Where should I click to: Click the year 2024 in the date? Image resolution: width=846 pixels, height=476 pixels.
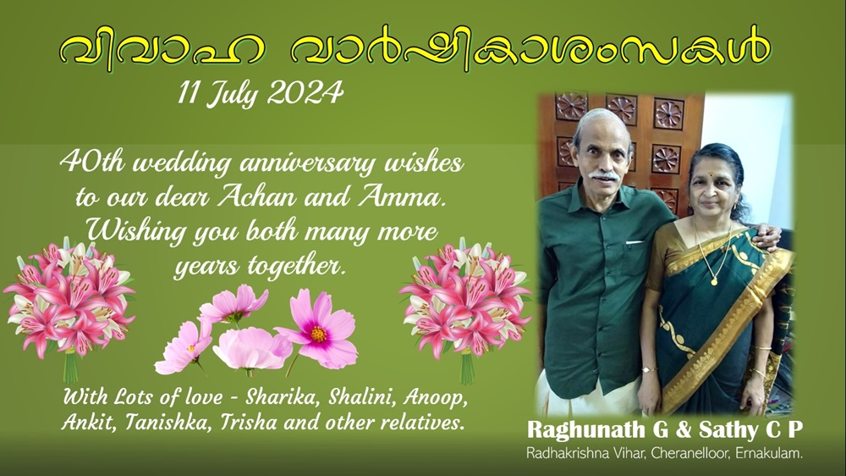pyautogui.click(x=305, y=93)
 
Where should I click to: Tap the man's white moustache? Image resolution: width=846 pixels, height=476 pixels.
pyautogui.click(x=604, y=175)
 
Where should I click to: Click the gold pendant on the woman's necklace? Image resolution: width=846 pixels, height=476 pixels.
pyautogui.click(x=714, y=281)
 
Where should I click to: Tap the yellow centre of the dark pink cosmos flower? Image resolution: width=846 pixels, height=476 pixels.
pyautogui.click(x=318, y=335)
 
